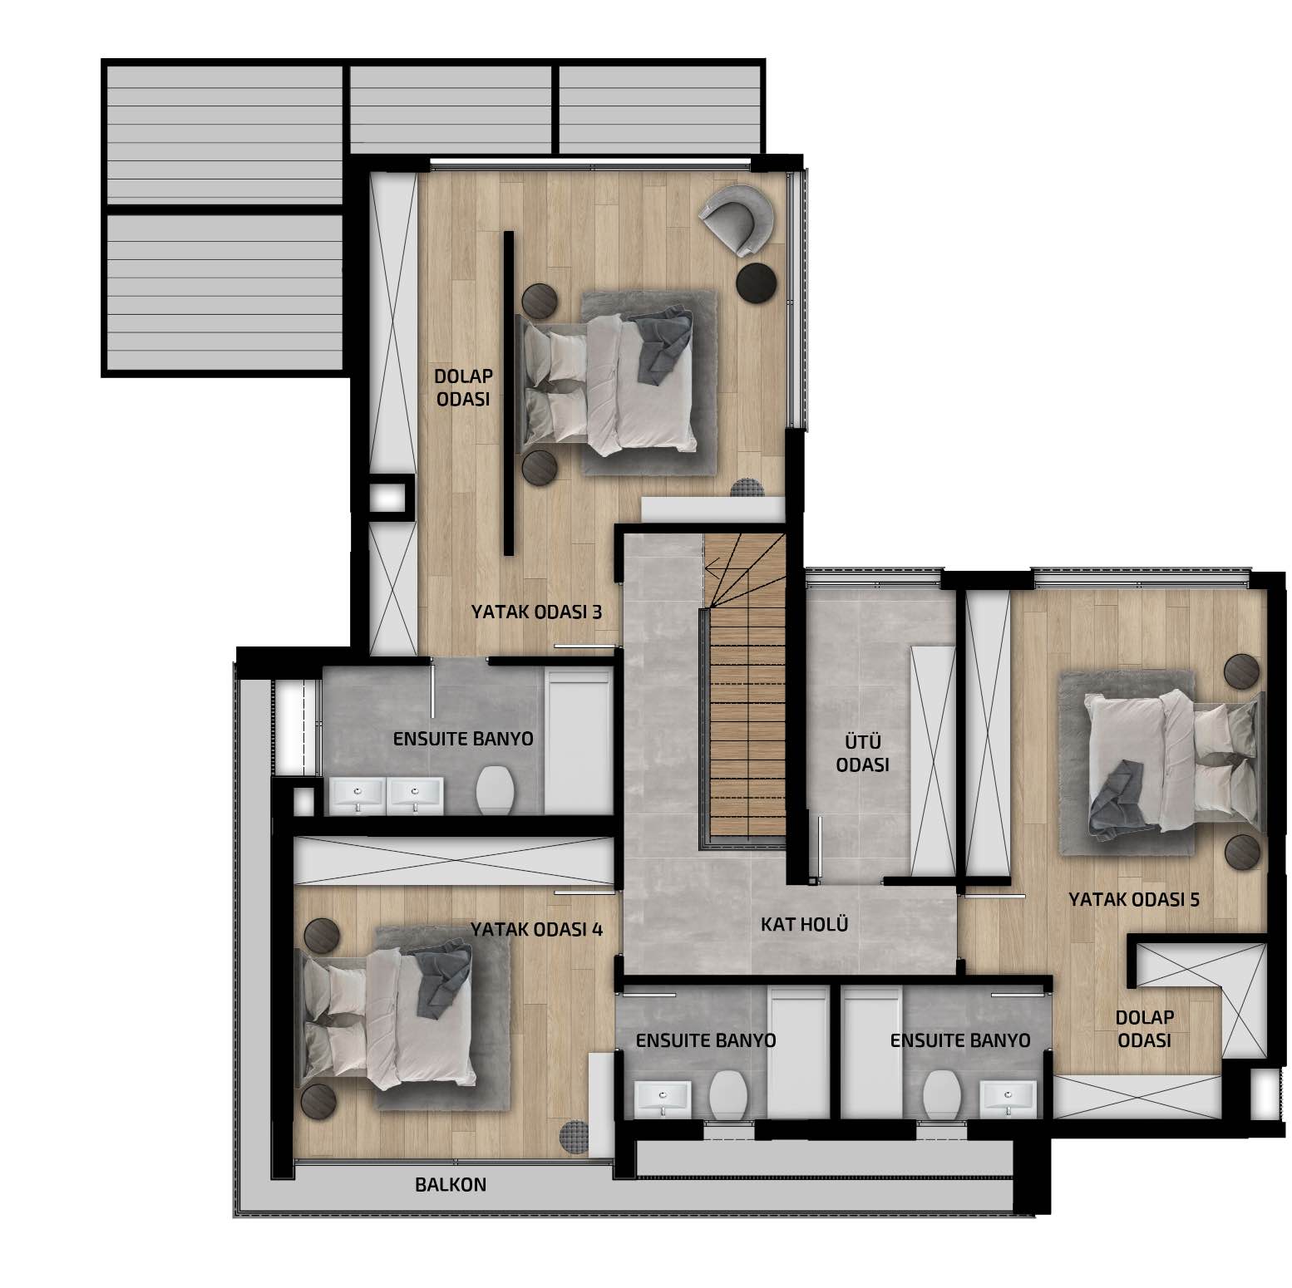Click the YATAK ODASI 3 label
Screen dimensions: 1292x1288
[x=536, y=612]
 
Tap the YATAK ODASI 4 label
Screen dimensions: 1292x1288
[x=536, y=929]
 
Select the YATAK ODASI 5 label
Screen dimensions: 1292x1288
[x=1134, y=899]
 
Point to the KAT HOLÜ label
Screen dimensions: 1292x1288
[x=805, y=924]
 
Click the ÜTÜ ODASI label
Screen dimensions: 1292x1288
[x=863, y=753]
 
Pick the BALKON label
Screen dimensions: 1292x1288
[x=451, y=1185]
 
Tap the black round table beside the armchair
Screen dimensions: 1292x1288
[x=757, y=282]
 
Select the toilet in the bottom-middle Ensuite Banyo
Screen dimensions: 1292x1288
[x=729, y=1094]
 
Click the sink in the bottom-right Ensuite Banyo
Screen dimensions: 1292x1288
[x=1008, y=1099]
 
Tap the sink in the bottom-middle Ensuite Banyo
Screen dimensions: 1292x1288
[x=663, y=1099]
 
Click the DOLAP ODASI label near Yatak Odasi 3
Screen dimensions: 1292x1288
[x=463, y=387]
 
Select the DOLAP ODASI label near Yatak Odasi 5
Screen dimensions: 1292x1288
[x=1145, y=1029]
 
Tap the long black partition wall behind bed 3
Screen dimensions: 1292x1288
[x=509, y=393]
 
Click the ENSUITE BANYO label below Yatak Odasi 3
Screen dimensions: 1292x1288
[x=463, y=739]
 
